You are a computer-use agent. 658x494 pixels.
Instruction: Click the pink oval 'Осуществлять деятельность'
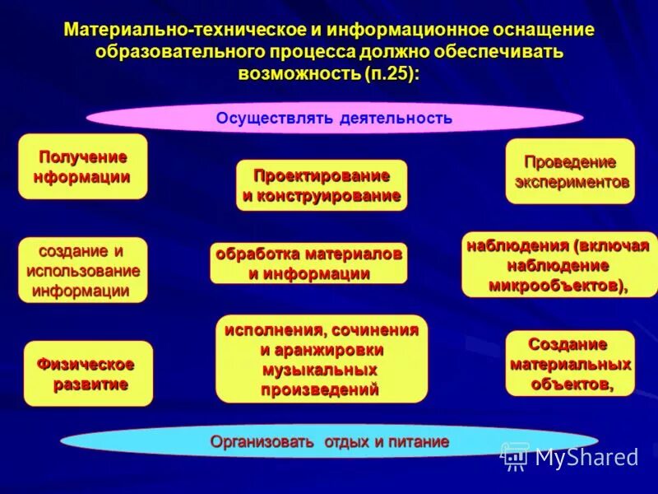coord(334,118)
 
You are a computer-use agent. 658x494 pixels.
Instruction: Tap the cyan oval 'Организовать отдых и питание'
coord(329,442)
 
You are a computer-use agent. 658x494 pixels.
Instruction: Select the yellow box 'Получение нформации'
coord(82,167)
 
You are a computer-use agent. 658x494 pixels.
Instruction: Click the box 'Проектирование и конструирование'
coord(322,185)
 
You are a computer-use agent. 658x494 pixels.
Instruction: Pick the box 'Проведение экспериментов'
coord(570,171)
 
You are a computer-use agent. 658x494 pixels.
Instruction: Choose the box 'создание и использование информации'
coord(82,270)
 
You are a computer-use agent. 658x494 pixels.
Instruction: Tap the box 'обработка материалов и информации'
coord(308,263)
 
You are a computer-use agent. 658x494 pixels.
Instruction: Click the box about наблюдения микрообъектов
coord(559,265)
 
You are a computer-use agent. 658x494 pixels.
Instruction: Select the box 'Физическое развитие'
coord(88,374)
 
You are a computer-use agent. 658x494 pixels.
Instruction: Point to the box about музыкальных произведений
coord(322,359)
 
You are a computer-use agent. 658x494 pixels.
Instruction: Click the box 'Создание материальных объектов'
coord(570,363)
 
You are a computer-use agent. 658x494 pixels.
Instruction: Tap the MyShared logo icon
coord(516,456)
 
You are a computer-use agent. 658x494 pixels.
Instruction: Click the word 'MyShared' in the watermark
coord(586,457)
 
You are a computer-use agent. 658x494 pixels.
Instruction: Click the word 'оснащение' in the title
coord(543,30)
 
